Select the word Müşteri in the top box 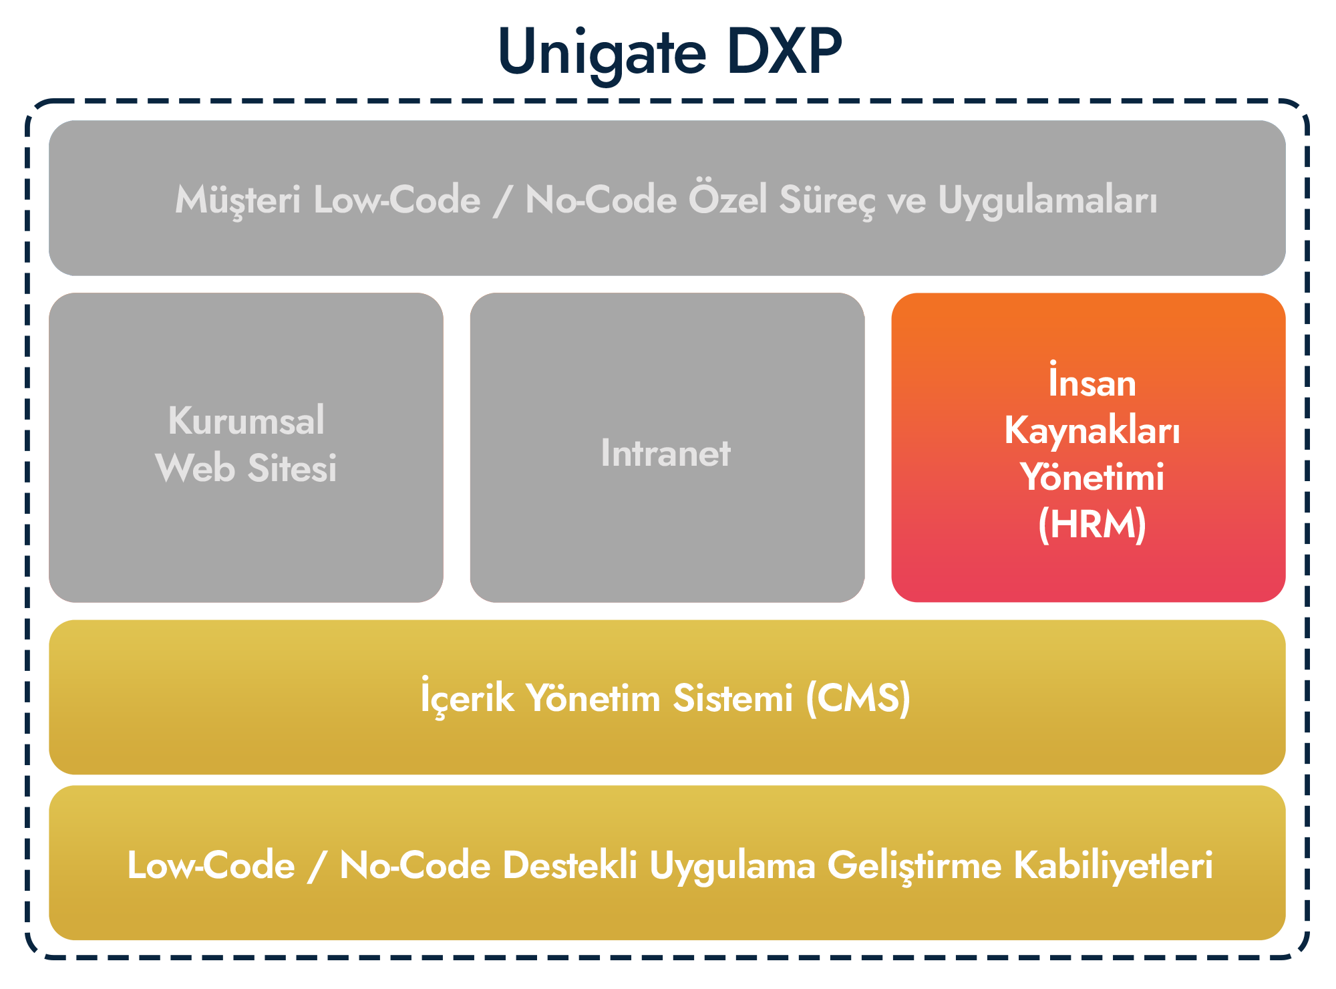tap(238, 200)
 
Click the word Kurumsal tap(246, 420)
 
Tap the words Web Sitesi tap(246, 467)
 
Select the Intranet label tap(665, 453)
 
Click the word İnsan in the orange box tap(1092, 380)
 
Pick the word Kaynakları tap(1092, 431)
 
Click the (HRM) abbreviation tap(1092, 524)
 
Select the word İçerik tap(468, 696)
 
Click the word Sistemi tap(733, 698)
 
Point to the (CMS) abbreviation tap(858, 699)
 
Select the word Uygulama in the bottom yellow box tap(732, 867)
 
